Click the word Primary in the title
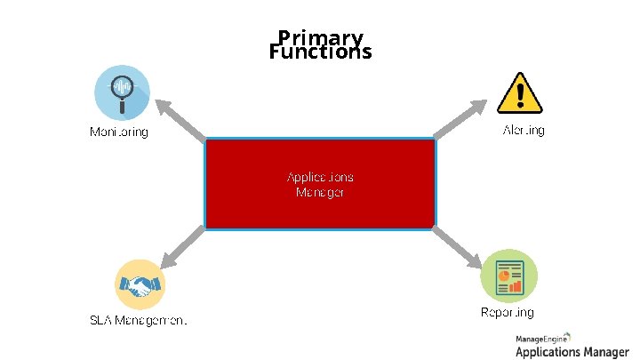click(320, 38)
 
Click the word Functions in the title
click(320, 52)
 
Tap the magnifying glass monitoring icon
click(122, 92)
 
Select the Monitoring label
click(119, 132)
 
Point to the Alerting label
click(524, 131)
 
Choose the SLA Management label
click(138, 319)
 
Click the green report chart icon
click(508, 276)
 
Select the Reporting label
click(508, 312)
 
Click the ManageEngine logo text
click(544, 340)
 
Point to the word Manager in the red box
click(320, 192)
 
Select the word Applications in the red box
click(320, 176)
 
